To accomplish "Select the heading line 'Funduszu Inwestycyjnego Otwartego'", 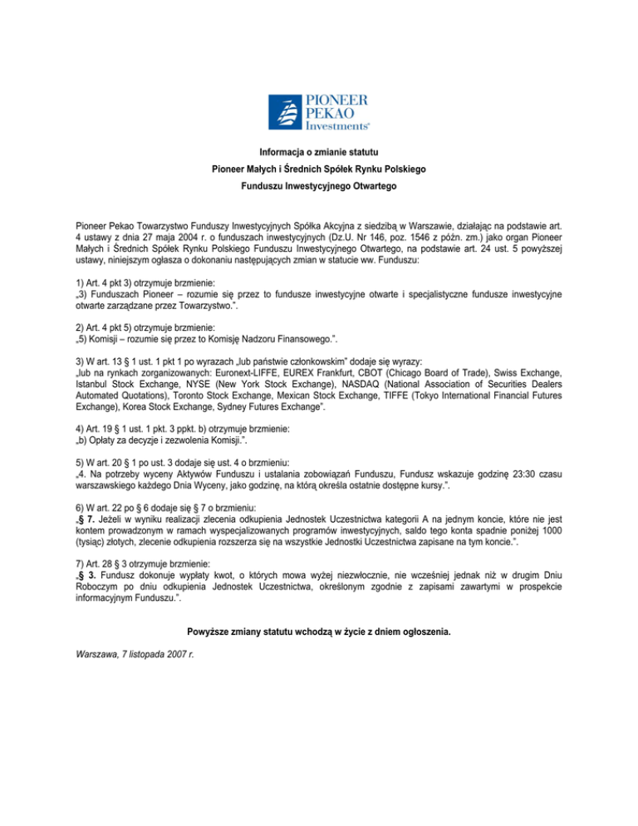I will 319,186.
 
